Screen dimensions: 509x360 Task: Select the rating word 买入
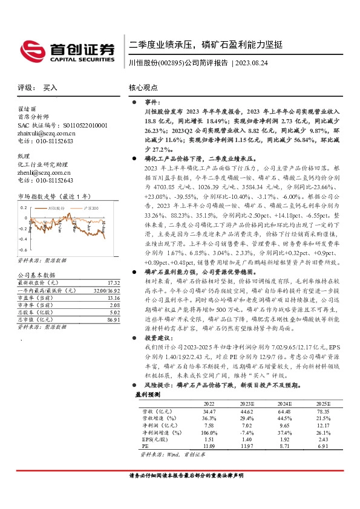(x=50, y=88)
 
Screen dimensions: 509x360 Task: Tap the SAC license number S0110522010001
(x=74, y=125)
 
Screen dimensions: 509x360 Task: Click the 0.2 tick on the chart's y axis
(x=24, y=207)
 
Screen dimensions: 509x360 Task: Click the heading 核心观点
(x=143, y=88)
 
